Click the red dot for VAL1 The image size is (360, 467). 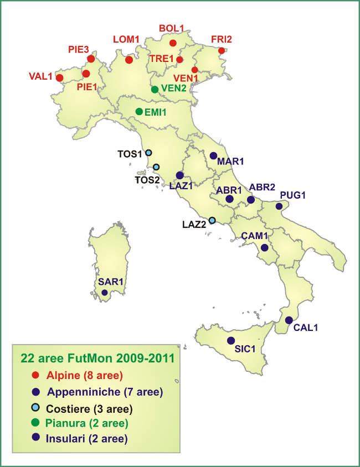pos(60,78)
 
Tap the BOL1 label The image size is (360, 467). pos(171,28)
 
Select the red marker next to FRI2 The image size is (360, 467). pos(222,51)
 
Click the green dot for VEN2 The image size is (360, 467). pos(155,89)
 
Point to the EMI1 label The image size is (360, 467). pos(156,112)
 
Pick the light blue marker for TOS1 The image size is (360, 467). pos(148,153)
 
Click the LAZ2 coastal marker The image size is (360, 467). pos(212,220)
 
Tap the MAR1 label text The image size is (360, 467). pos(231,162)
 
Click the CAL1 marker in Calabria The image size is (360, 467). pos(289,320)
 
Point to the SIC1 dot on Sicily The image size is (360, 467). pos(231,340)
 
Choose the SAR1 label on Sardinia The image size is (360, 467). pos(111,282)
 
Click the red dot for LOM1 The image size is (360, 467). pos(129,60)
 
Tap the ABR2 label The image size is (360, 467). pos(262,187)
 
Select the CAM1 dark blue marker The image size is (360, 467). pos(265,248)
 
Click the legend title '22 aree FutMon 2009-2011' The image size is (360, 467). pos(97,358)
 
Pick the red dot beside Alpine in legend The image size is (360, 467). pos(35,376)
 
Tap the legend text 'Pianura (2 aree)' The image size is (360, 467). pos(88,424)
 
